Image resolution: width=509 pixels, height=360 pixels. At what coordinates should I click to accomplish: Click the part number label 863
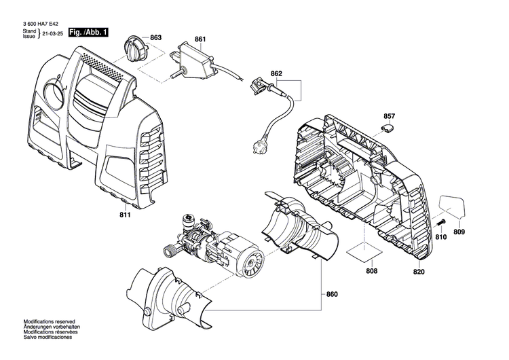pos(155,37)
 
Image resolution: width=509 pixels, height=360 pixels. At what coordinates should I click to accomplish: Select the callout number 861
pos(200,40)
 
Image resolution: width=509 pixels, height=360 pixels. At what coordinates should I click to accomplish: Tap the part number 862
pos(276,73)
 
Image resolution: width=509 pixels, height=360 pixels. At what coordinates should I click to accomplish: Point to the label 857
pos(389,117)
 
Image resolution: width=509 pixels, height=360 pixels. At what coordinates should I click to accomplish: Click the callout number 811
pos(124,215)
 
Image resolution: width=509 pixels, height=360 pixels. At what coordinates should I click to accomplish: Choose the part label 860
pos(331,294)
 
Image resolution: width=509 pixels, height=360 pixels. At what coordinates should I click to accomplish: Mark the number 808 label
pos(371,272)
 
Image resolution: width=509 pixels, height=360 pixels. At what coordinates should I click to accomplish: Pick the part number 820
pos(418,272)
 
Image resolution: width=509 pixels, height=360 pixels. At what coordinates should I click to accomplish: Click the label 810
pos(441,237)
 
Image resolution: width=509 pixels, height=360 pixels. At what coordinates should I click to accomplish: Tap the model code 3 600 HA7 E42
pos(43,22)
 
